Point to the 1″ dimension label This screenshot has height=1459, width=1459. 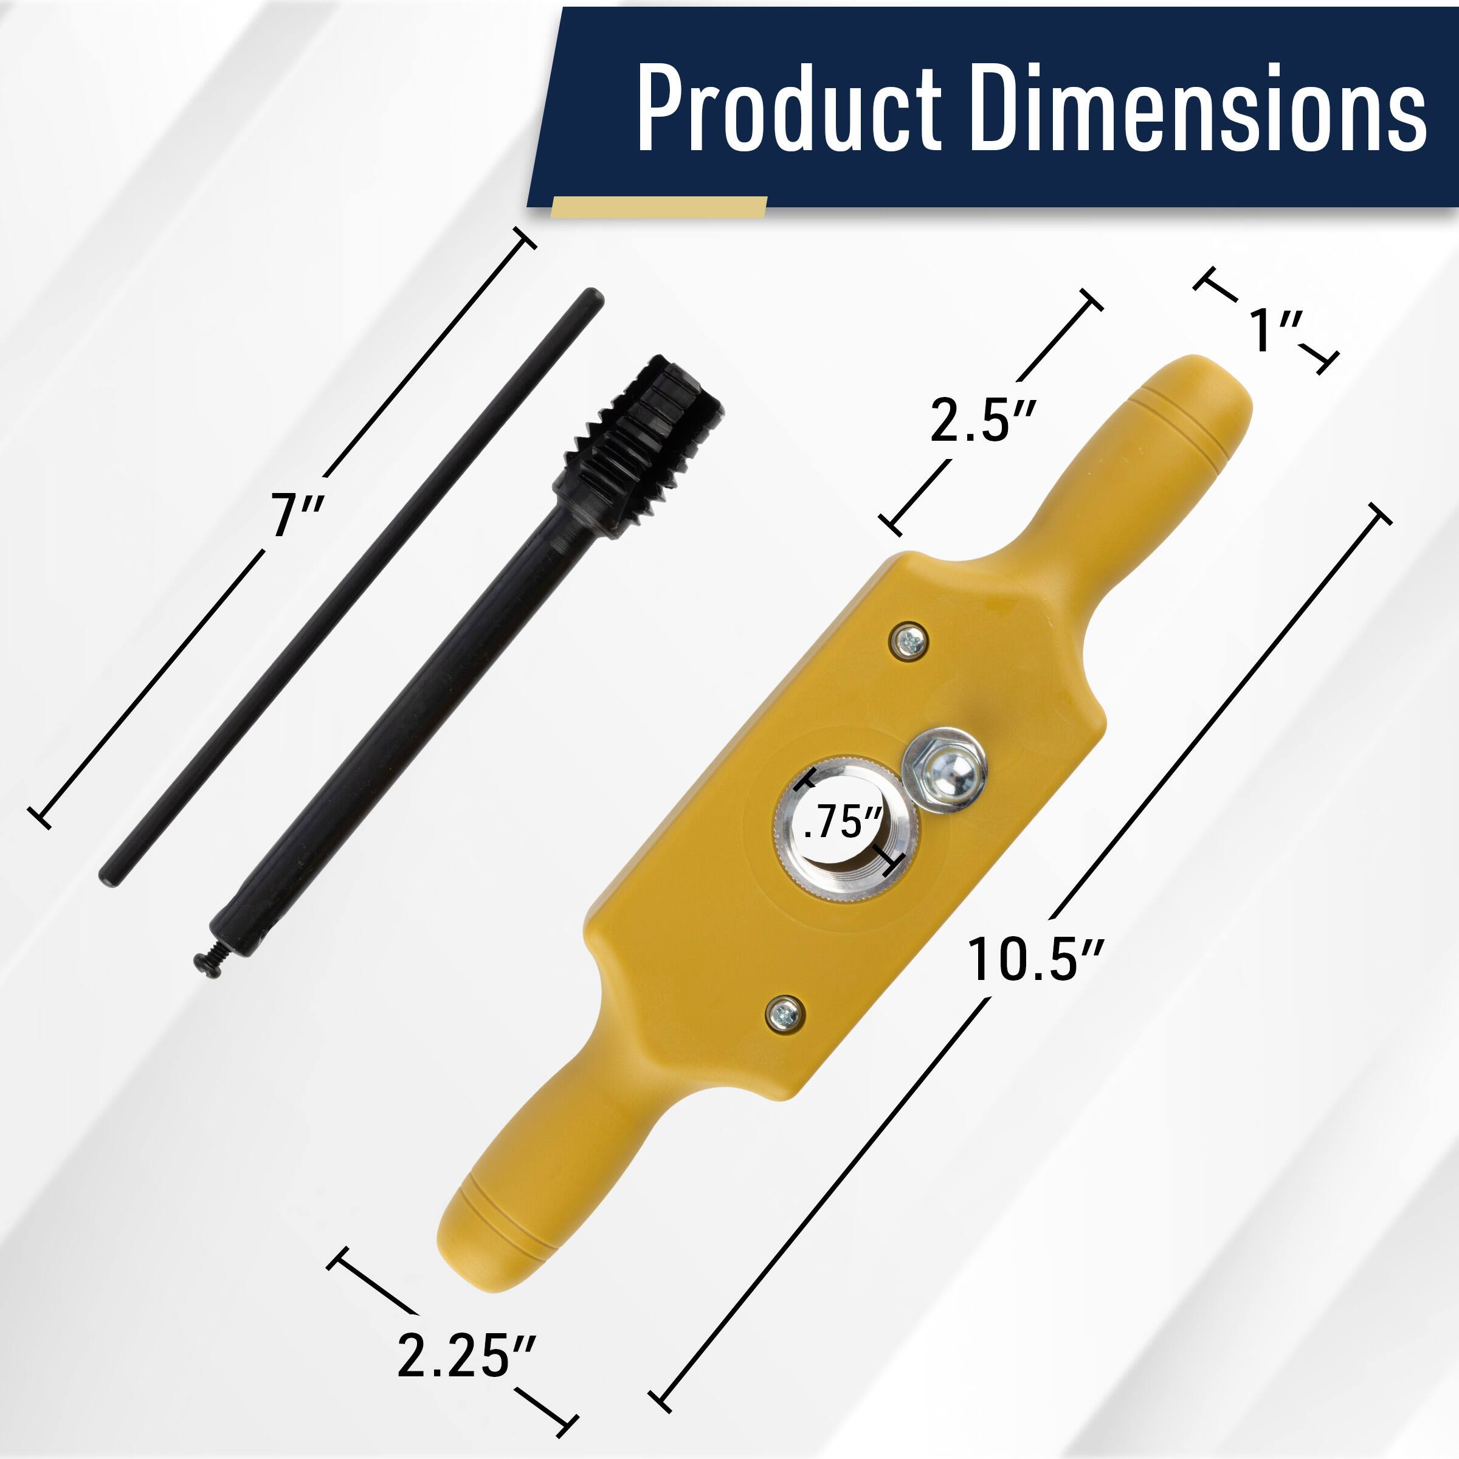[x=1275, y=329]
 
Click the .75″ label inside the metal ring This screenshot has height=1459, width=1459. [x=843, y=822]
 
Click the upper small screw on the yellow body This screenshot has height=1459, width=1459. [x=910, y=642]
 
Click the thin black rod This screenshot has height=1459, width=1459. [x=347, y=589]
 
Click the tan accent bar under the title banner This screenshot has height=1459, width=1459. [x=658, y=207]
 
